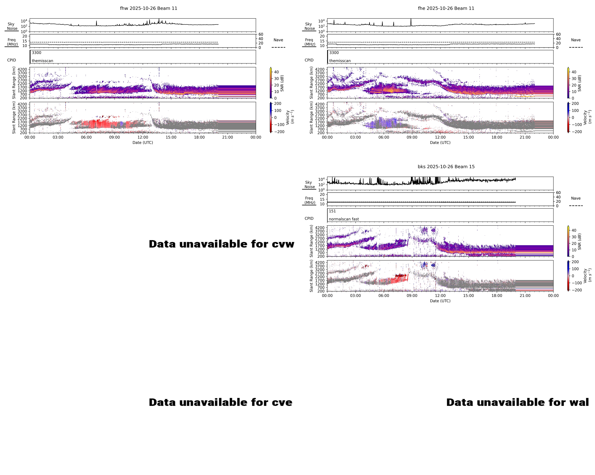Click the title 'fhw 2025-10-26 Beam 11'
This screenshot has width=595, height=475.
point(148,8)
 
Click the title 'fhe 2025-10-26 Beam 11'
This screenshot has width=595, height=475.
point(446,8)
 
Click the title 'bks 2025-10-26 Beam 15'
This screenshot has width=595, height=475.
point(446,167)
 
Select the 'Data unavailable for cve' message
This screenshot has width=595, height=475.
point(221,402)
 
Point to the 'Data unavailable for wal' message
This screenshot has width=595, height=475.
point(517,402)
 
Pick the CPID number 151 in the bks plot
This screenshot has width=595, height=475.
point(332,211)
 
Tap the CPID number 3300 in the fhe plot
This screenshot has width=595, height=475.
point(334,53)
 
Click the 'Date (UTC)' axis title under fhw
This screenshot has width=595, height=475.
point(143,143)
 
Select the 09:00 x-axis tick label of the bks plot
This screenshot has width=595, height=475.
point(412,295)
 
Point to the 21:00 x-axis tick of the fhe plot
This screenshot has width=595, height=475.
point(525,137)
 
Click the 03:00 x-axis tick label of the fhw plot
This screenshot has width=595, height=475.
point(58,137)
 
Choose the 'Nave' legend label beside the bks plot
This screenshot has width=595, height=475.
point(576,198)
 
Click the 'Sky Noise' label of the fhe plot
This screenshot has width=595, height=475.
point(309,26)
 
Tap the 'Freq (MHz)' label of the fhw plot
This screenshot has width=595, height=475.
point(12,42)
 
